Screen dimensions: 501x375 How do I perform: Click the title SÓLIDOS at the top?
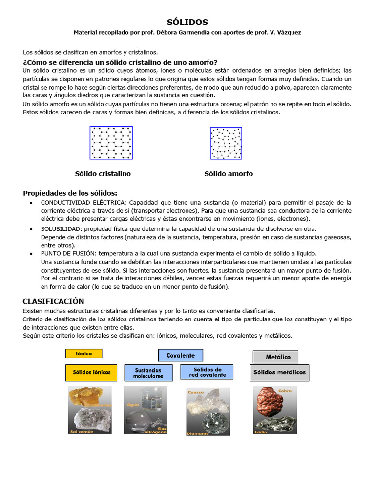pos(187,22)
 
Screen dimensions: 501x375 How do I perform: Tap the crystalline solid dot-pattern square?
pos(111,143)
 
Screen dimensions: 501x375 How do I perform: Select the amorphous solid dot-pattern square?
pos(226,143)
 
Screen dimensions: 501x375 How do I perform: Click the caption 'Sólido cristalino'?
pos(103,174)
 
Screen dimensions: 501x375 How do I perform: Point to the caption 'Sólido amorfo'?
pos(229,174)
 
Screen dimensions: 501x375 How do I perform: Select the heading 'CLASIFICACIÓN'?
pos(53,301)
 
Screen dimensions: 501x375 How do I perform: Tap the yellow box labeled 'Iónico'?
pos(84,353)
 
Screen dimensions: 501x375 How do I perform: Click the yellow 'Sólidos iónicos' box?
pos(92,372)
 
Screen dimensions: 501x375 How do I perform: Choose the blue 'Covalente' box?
pos(180,355)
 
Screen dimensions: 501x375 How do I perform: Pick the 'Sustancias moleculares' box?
pos(148,373)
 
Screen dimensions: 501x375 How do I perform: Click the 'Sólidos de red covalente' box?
pos(207,372)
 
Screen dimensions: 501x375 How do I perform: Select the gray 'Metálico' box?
pos(275,357)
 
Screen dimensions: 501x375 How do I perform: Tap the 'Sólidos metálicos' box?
pos(279,372)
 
